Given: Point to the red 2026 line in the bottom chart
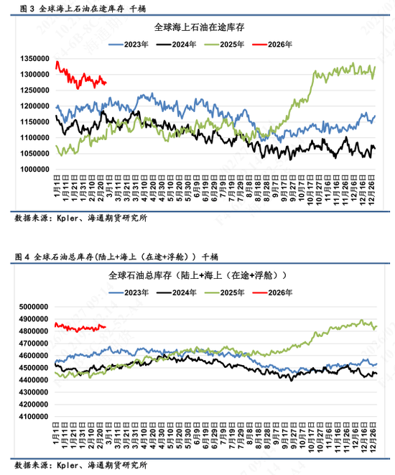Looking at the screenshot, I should (79, 328).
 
